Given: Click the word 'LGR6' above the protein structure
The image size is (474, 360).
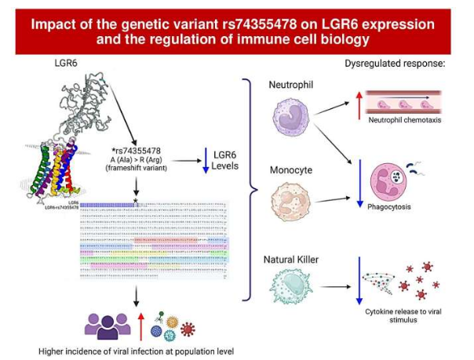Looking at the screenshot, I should [66, 63].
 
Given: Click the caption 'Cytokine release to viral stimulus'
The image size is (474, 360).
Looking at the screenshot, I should [405, 315].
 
